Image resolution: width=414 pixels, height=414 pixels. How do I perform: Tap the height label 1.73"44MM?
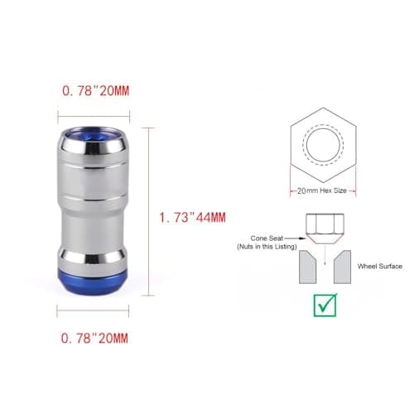coord(192,219)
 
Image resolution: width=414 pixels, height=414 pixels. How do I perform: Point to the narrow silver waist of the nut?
coord(93,224)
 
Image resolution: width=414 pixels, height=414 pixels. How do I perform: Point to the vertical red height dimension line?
coord(150,211)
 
